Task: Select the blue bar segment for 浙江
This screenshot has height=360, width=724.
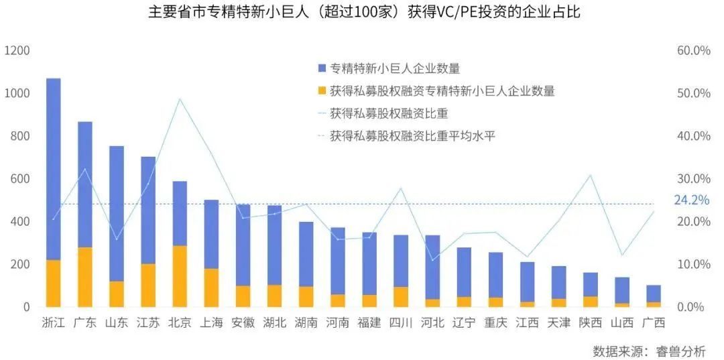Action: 54,168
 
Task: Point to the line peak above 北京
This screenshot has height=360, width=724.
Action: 180,99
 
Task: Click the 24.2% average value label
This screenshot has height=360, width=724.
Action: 691,200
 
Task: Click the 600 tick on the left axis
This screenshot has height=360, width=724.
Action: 20,179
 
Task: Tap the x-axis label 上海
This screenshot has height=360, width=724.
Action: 212,322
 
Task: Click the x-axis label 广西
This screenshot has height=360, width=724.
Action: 654,322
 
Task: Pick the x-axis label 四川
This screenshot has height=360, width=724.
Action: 401,322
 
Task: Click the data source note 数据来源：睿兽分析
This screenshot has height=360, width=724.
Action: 649,351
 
